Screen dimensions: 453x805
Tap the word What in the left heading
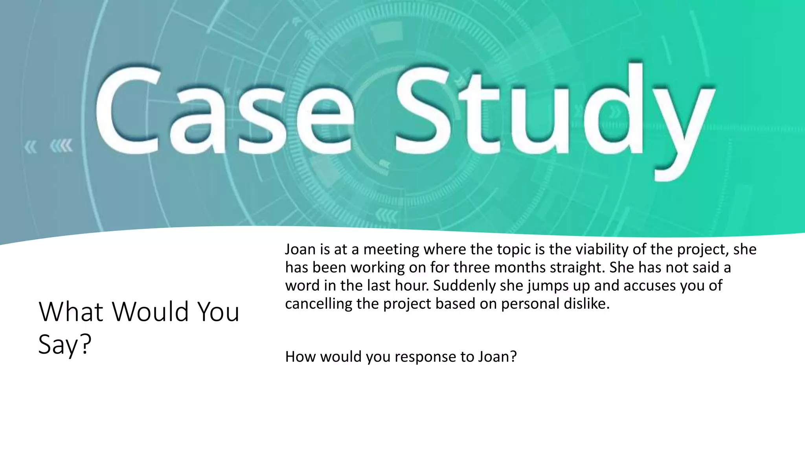[71, 311]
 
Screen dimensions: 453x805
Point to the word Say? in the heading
[65, 344]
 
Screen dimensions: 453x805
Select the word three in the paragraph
[472, 267]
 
